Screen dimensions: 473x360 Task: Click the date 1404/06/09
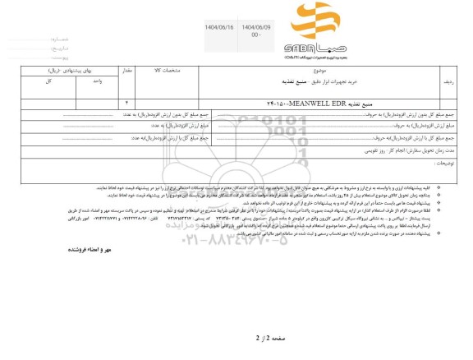tap(255, 27)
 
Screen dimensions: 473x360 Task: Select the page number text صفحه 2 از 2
tap(237, 335)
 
